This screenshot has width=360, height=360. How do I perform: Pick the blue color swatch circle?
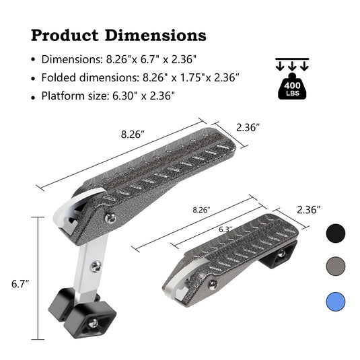pyautogui.click(x=335, y=301)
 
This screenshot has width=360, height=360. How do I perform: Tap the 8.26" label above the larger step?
pyautogui.click(x=133, y=134)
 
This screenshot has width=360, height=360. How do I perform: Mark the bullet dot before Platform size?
pyautogui.click(x=34, y=96)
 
